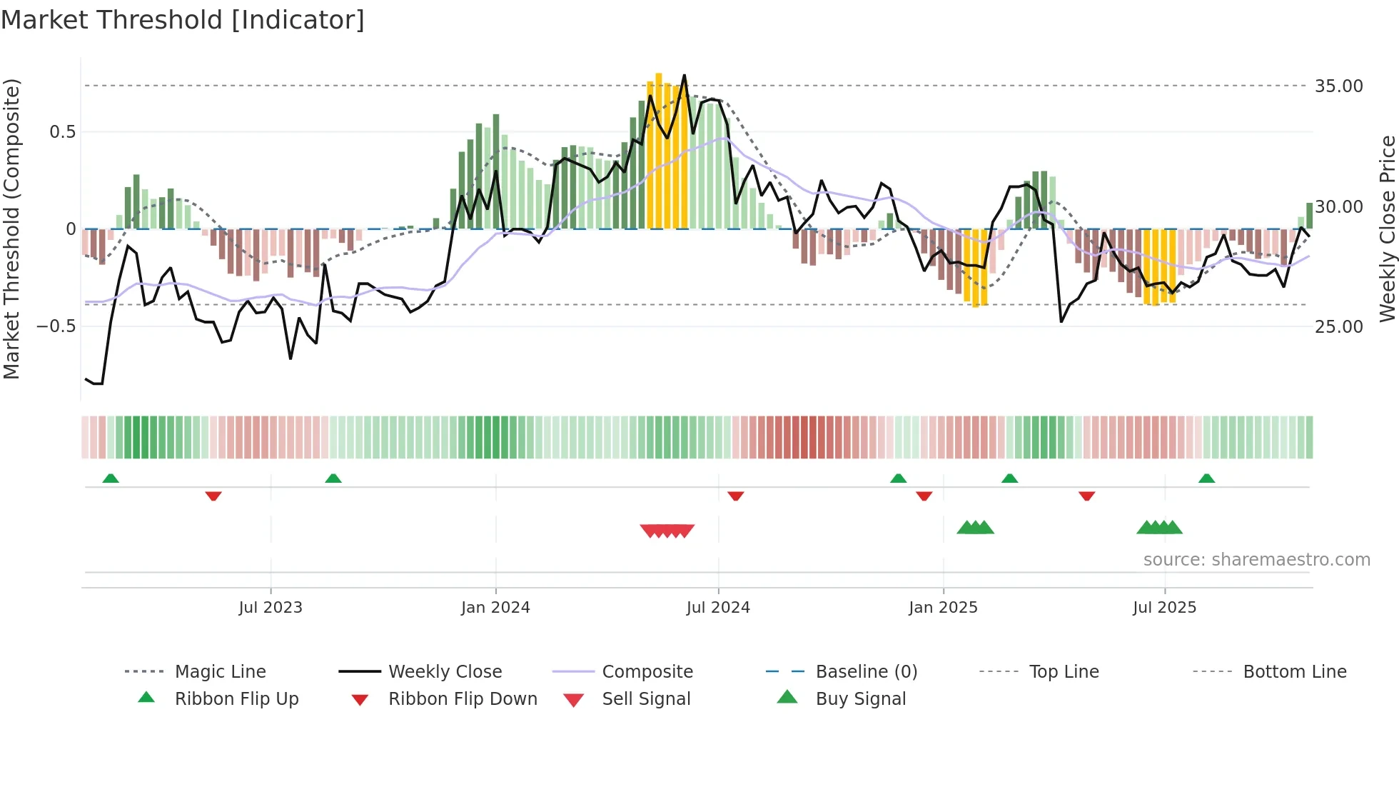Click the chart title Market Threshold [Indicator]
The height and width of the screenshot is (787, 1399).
click(x=183, y=20)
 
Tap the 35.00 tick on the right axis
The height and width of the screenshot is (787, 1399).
click(x=1338, y=86)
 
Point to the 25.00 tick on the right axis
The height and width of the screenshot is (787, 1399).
click(x=1338, y=327)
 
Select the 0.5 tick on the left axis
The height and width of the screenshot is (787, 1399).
click(x=62, y=132)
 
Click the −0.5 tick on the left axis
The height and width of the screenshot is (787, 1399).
click(x=56, y=326)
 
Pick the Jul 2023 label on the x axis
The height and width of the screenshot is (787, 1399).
click(x=271, y=608)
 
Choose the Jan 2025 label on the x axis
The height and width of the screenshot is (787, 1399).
click(x=943, y=608)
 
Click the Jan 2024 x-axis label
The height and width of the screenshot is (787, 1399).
click(x=495, y=608)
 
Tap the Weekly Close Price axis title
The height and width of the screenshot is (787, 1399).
click(x=1387, y=229)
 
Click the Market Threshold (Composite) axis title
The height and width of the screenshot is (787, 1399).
click(x=11, y=229)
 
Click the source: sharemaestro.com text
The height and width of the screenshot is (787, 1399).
click(x=1256, y=560)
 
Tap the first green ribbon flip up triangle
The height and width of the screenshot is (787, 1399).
click(x=111, y=478)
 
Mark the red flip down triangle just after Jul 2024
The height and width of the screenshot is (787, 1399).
click(x=736, y=496)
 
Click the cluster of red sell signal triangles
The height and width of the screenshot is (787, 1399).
click(x=667, y=531)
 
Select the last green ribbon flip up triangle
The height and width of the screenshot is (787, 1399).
click(x=1206, y=478)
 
